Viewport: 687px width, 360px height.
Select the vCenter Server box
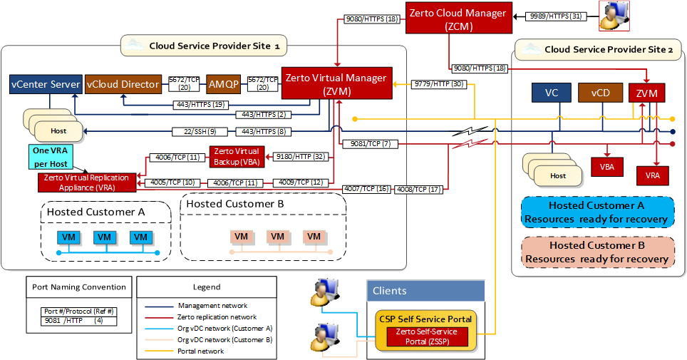(46, 84)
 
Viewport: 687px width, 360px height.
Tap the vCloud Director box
(123, 84)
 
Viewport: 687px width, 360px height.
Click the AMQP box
(223, 84)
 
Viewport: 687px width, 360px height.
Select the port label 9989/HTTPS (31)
(557, 15)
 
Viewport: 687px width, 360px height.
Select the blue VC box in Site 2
(552, 93)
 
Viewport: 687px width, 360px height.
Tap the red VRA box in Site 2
(652, 173)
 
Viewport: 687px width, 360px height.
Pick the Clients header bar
(426, 290)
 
